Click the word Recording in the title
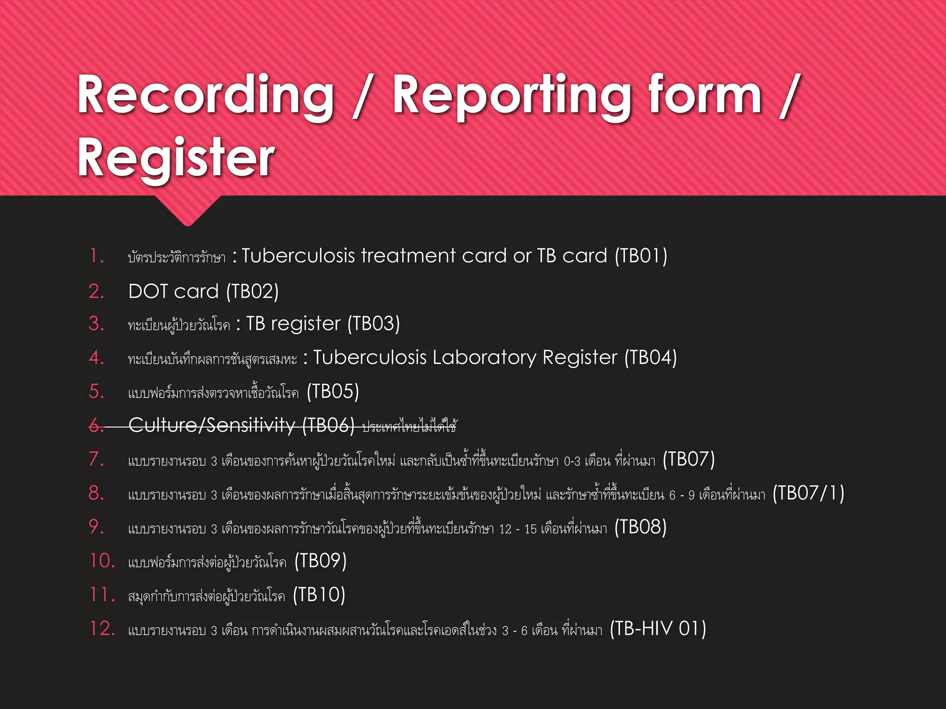pos(206,96)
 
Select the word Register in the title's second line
pos(176,158)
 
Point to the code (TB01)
pos(641,256)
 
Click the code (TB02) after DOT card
pos(252,292)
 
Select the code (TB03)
pos(373,324)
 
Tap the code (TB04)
pos(650,358)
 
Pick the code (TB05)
pos(333,392)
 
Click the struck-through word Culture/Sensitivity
pos(212,425)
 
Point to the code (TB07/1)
pos(808,493)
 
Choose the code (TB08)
pos(640,527)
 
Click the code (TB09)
pos(320,561)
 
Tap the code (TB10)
pos(319,595)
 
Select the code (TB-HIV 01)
pos(658,629)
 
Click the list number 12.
pos(102,629)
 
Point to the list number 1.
pos(97,256)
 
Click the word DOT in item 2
pos(148,292)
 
